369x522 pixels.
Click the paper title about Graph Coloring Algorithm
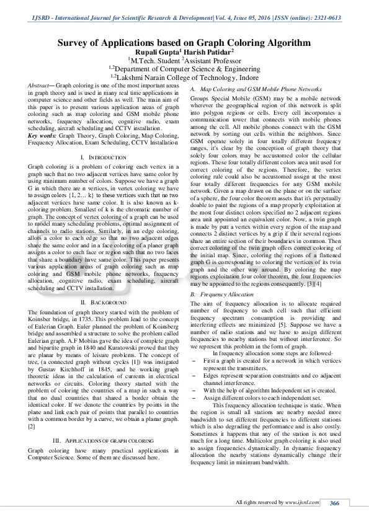tap(184, 43)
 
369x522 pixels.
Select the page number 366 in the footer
tap(334, 502)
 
